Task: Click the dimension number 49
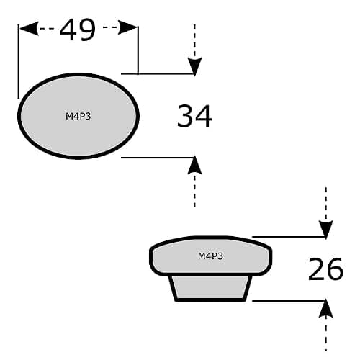tap(78, 30)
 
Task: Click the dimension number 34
tap(194, 116)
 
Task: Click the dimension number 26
tap(325, 269)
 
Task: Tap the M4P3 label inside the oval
tap(78, 117)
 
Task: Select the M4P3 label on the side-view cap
tap(210, 256)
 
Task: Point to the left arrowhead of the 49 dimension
tap(29, 29)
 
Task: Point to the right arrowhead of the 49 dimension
tap(127, 27)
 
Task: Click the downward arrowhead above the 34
tap(194, 67)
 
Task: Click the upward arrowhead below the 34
tap(194, 164)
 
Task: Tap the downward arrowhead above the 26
tap(326, 230)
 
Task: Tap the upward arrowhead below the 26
tap(326, 308)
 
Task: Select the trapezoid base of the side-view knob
tap(210, 288)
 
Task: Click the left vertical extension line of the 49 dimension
tap(18, 61)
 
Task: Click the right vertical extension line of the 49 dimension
tap(138, 50)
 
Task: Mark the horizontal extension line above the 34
tap(158, 74)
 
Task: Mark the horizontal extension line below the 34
tap(158, 158)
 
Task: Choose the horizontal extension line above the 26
tap(289, 237)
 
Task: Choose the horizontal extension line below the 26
tap(289, 300)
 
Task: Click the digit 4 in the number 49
tap(68, 30)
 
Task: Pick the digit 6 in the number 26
tap(336, 269)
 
